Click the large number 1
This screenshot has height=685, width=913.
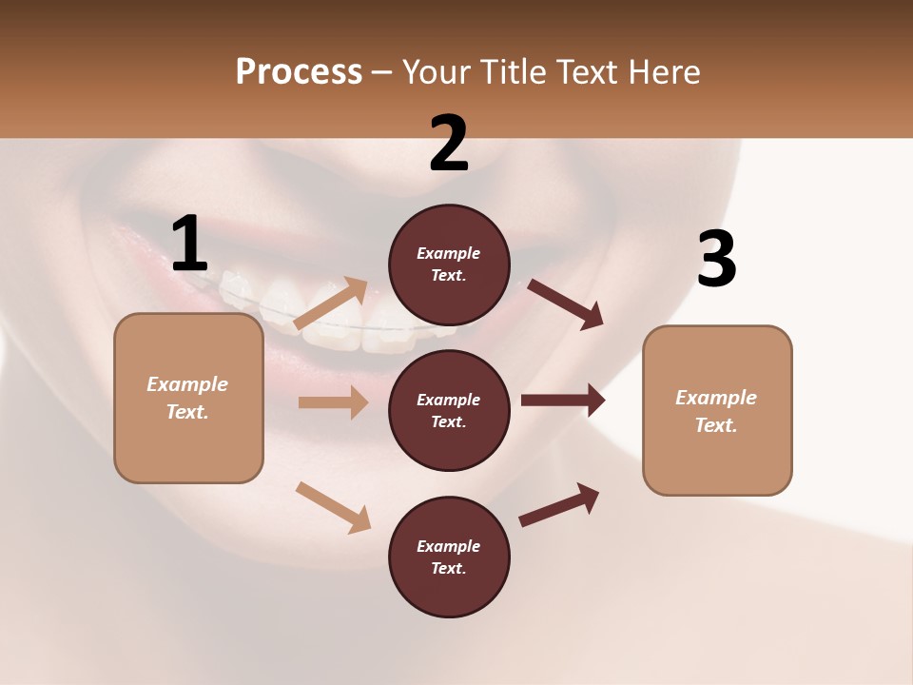(x=189, y=245)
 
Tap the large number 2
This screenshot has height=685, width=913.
(x=449, y=144)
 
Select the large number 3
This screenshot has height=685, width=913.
(x=716, y=260)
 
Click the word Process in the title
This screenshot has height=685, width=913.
(x=299, y=71)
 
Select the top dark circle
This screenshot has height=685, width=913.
(x=449, y=264)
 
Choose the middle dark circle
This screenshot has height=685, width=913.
(x=449, y=410)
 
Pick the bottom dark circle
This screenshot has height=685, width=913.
(x=449, y=557)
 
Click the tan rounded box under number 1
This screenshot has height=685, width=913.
(x=188, y=398)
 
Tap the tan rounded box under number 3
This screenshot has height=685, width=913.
(x=717, y=410)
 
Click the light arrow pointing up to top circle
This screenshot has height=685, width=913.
(x=331, y=303)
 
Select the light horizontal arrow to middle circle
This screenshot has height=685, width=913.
(x=333, y=402)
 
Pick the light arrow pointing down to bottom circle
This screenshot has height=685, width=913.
(x=333, y=507)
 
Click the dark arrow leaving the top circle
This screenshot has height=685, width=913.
(x=566, y=303)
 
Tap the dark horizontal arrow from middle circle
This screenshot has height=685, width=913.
(x=563, y=400)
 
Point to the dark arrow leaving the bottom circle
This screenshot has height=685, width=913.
(x=559, y=504)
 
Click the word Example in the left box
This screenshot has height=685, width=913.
(x=187, y=384)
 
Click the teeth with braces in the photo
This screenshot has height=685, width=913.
(x=314, y=304)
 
